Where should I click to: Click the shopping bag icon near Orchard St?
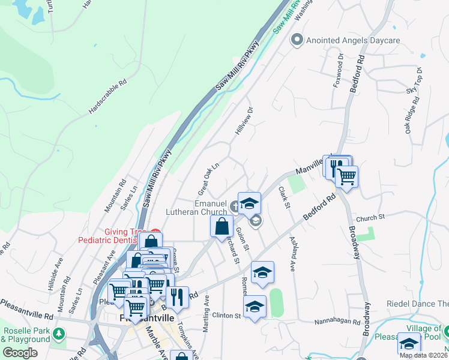point(221,226)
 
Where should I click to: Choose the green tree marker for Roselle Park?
point(59,334)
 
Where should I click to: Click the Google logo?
point(20,353)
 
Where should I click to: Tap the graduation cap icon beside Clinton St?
point(255,307)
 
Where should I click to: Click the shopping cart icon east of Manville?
point(346,176)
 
